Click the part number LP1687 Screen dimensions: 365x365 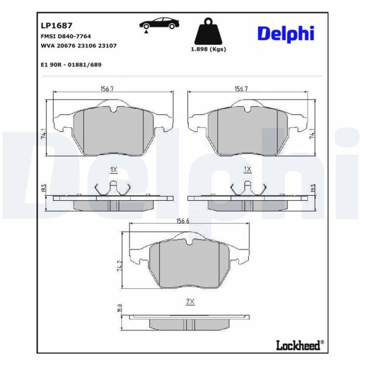click(x=57, y=26)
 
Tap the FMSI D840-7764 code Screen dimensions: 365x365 click(x=66, y=36)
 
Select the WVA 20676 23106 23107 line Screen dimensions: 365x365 click(x=78, y=46)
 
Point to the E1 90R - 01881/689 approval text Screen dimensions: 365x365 click(x=71, y=64)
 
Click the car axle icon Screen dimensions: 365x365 click(x=159, y=24)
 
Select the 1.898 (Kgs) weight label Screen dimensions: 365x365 click(x=209, y=49)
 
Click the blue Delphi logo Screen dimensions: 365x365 click(x=286, y=34)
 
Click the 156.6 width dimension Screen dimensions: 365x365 click(x=182, y=221)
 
